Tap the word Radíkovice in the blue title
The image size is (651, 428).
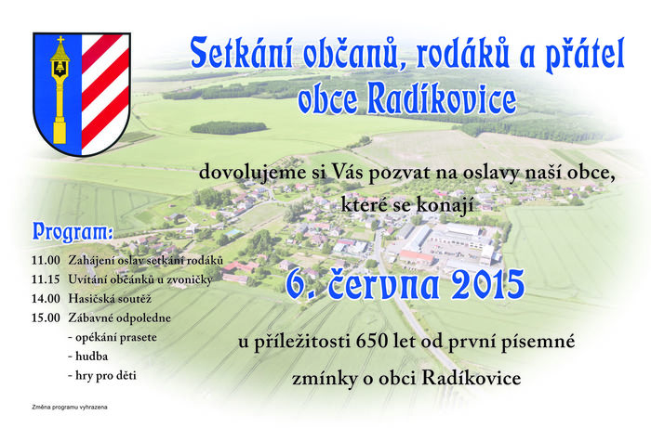(x=442, y=98)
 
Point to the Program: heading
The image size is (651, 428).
(x=73, y=232)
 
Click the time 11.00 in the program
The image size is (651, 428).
(x=46, y=261)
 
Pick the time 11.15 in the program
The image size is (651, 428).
(x=46, y=279)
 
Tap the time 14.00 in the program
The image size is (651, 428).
(x=46, y=299)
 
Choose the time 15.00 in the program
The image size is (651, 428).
(x=46, y=318)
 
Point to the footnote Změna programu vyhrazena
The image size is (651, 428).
(x=70, y=408)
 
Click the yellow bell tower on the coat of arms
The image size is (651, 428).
(x=60, y=90)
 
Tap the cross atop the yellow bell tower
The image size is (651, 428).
(x=60, y=40)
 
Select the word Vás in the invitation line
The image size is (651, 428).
(x=348, y=172)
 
